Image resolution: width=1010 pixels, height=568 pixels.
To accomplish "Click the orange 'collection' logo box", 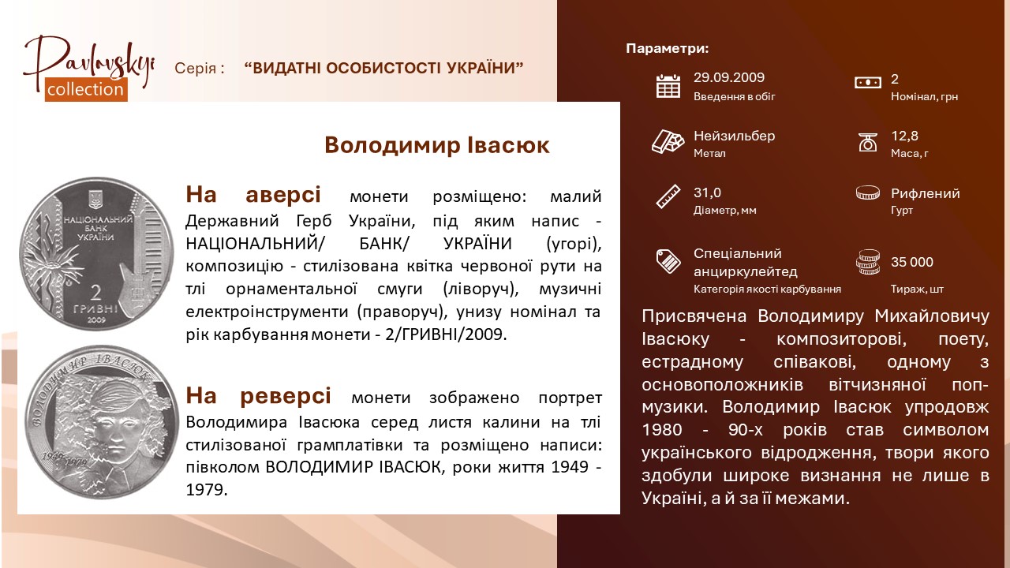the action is click(x=86, y=89).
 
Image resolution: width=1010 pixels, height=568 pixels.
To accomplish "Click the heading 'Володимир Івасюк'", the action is click(x=437, y=145).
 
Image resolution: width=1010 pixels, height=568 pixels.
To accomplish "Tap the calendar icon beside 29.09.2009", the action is click(x=668, y=86).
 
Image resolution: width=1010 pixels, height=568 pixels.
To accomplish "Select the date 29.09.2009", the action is click(x=728, y=77).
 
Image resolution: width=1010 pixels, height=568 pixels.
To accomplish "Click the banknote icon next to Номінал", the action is click(x=867, y=83).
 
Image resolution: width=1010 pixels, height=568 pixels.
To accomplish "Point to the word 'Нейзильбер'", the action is click(x=734, y=136).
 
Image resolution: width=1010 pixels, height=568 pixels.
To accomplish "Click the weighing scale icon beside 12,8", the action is click(x=867, y=142).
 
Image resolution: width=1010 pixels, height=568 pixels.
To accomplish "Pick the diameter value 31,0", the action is click(x=707, y=193).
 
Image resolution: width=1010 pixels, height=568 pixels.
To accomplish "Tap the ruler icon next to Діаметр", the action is click(x=668, y=196).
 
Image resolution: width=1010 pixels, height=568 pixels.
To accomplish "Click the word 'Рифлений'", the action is click(x=925, y=193).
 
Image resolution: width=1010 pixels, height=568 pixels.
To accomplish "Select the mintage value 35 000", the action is click(x=911, y=262).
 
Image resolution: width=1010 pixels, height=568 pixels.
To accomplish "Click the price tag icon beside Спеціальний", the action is click(x=668, y=261).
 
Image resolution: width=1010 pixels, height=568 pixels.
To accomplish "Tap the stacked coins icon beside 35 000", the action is click(x=867, y=262).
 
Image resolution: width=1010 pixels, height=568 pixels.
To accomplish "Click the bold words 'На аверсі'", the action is click(x=253, y=195).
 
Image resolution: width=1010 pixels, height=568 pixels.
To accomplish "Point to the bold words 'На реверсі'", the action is click(x=258, y=396).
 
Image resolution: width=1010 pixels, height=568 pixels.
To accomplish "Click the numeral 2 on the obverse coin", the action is click(x=96, y=293).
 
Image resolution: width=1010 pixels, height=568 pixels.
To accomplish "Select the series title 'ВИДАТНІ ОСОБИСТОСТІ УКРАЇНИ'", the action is click(x=383, y=68).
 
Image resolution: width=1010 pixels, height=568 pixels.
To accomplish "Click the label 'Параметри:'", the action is click(x=668, y=48).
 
